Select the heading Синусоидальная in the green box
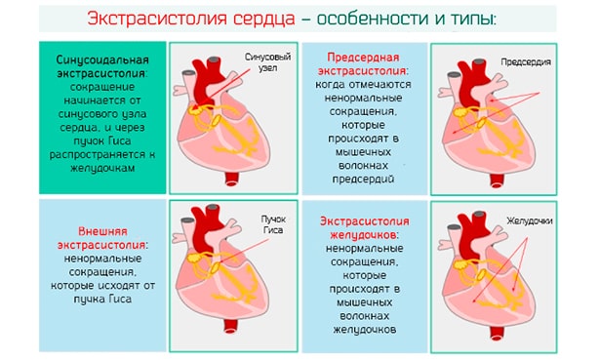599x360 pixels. pyautogui.click(x=103, y=61)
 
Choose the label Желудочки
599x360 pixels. pyautogui.click(x=530, y=221)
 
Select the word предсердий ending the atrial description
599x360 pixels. pyautogui.click(x=363, y=180)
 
